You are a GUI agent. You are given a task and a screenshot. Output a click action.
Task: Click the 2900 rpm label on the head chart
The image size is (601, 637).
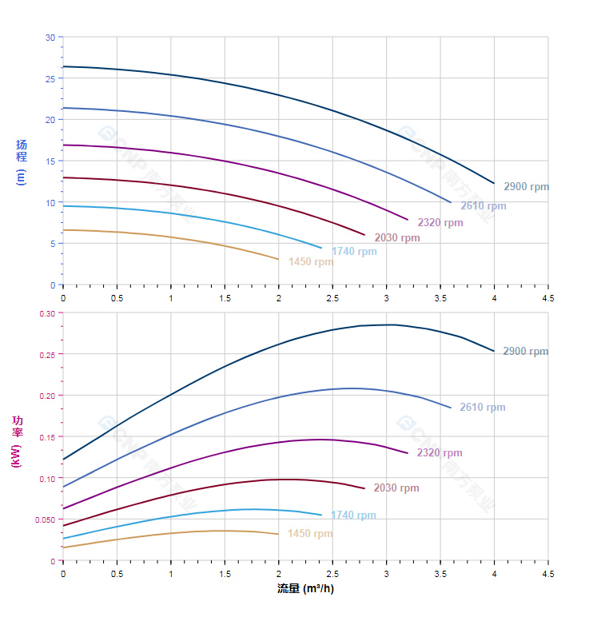[x=526, y=187]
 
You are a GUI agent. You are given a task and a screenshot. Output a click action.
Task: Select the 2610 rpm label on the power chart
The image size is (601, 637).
[x=482, y=408]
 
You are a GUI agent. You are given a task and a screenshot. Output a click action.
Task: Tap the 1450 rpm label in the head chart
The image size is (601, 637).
[x=311, y=262]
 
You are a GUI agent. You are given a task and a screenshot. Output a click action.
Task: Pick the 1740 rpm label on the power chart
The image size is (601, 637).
[x=353, y=516]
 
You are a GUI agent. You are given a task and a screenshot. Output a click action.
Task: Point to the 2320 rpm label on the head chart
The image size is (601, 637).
[x=440, y=223]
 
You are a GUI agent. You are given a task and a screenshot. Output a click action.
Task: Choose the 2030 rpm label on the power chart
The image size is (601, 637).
[x=396, y=488]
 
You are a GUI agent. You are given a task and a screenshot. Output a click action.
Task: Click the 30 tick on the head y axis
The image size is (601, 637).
[x=50, y=38]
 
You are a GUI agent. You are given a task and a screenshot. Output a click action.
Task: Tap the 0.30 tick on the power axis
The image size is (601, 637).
[x=46, y=313]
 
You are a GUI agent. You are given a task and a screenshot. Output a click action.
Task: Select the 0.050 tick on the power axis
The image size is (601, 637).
[x=45, y=520]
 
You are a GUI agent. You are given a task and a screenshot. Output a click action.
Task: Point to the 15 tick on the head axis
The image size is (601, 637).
[x=50, y=161]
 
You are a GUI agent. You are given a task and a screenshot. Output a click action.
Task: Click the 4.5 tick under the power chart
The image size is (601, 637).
[x=548, y=573]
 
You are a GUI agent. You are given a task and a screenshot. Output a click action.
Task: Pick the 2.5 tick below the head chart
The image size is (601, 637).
[x=332, y=297]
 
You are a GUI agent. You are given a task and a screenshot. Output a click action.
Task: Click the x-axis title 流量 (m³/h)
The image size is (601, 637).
[x=305, y=589]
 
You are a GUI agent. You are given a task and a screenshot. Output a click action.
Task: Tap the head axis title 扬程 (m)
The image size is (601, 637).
[x=22, y=162]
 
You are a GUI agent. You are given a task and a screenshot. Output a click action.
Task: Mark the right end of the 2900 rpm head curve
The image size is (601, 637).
[x=494, y=184]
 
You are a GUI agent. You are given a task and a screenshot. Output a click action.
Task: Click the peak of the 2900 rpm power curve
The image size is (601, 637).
[x=392, y=324]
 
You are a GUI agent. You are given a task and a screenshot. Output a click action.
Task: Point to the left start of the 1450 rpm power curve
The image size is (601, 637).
[x=63, y=547]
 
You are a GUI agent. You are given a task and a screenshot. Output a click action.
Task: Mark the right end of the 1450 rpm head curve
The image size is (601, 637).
[x=279, y=259]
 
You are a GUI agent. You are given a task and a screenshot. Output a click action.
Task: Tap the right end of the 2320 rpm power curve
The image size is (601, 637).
[x=408, y=453]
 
